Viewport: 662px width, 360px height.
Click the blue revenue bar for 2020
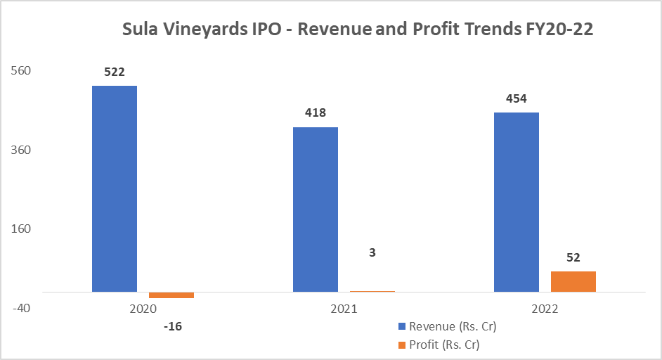tap(115, 188)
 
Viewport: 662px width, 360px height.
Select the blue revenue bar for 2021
tap(316, 209)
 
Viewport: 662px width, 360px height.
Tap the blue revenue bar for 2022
tap(517, 202)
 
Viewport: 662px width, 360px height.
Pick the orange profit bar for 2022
tap(573, 281)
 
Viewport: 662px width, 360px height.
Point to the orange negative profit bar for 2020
tap(171, 295)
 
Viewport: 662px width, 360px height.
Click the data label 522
tap(114, 72)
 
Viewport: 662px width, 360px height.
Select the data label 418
tap(315, 112)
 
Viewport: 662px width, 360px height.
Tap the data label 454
tap(517, 98)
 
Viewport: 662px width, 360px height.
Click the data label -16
tap(171, 326)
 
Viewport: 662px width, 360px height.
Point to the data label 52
tap(573, 257)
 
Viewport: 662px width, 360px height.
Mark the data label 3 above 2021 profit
tap(372, 252)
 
